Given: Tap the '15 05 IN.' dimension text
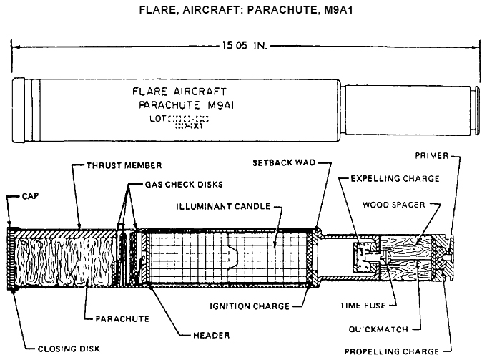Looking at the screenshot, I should (244, 47).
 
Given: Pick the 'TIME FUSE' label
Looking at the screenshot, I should (363, 306).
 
